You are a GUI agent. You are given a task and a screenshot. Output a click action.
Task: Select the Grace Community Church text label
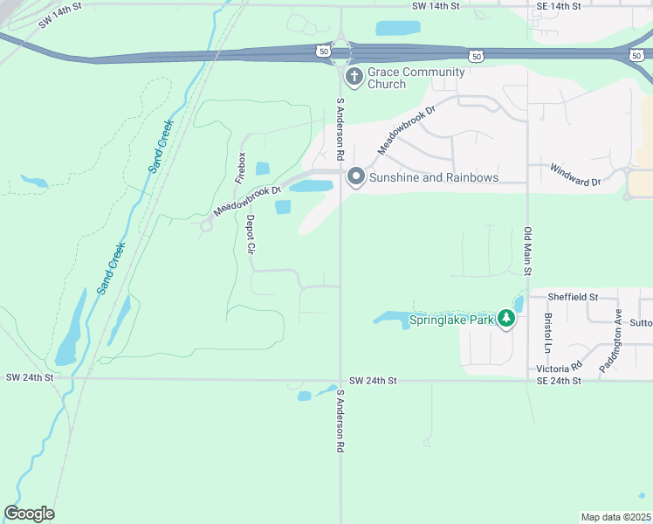click(x=387, y=78)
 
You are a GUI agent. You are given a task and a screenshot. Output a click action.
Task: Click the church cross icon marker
click(x=354, y=78)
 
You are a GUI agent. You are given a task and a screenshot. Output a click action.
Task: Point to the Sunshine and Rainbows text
click(x=434, y=177)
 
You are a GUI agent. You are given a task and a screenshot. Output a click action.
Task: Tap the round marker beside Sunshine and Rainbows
click(x=355, y=177)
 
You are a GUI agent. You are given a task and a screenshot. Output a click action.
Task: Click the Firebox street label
click(x=242, y=168)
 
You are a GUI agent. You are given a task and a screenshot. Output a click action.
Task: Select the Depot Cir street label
click(x=250, y=235)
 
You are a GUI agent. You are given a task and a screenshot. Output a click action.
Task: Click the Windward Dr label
click(x=575, y=176)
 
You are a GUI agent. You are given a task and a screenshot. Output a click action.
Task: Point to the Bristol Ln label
click(x=548, y=333)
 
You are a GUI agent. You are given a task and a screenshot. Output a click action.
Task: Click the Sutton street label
click(x=640, y=322)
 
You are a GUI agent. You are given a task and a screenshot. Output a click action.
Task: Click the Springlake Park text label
click(x=450, y=320)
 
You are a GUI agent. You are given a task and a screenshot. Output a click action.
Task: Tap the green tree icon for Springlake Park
click(x=506, y=319)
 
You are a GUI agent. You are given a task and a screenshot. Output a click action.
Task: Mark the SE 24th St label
click(x=560, y=381)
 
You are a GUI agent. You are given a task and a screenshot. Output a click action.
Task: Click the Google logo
click(x=29, y=514)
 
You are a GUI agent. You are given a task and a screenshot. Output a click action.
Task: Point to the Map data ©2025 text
click(x=616, y=517)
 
